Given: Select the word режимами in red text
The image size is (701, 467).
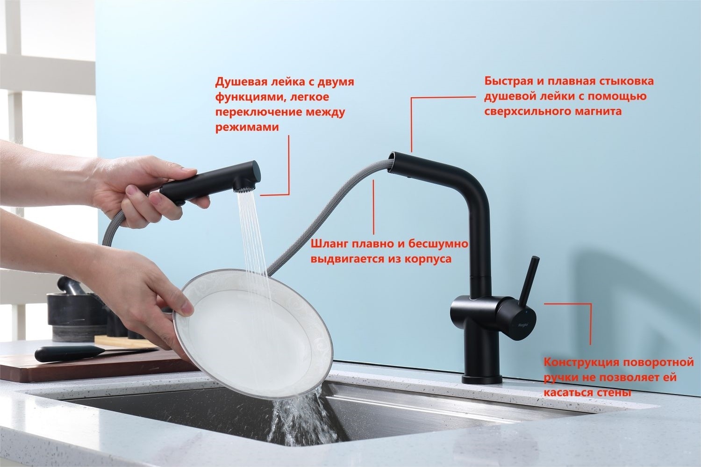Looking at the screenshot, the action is coord(247,128).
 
